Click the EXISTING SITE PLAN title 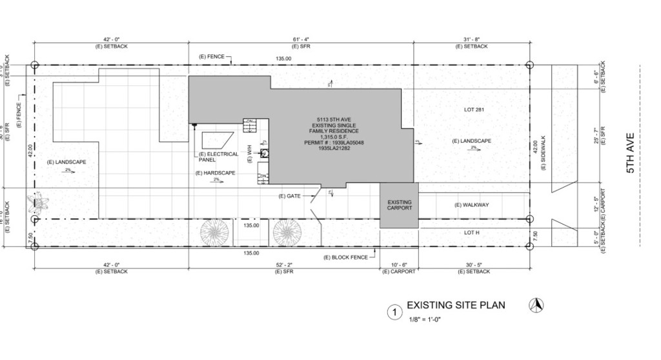click(455, 305)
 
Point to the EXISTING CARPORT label click(399, 205)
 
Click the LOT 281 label click(474, 109)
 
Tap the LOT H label click(472, 232)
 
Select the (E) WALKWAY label click(471, 205)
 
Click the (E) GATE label click(290, 195)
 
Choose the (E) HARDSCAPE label click(216, 173)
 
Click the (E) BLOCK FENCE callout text click(345, 257)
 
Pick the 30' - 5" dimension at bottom click(474, 265)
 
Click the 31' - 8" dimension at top click(471, 40)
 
